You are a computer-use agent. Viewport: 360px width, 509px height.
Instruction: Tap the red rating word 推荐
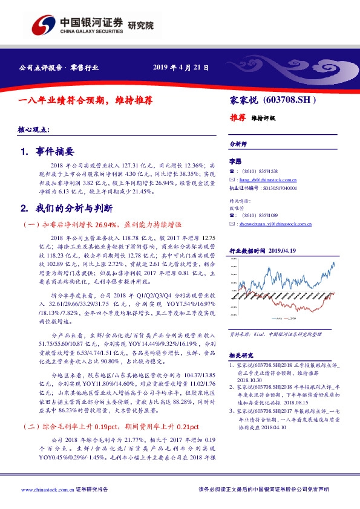tap(237, 118)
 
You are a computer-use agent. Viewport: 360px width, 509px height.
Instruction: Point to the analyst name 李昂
tap(235, 162)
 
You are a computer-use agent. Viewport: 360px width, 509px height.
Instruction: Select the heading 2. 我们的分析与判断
tap(67, 209)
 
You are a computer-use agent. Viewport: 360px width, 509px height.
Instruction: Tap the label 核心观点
tap(34, 130)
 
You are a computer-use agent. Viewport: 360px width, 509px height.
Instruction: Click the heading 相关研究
tap(241, 355)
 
